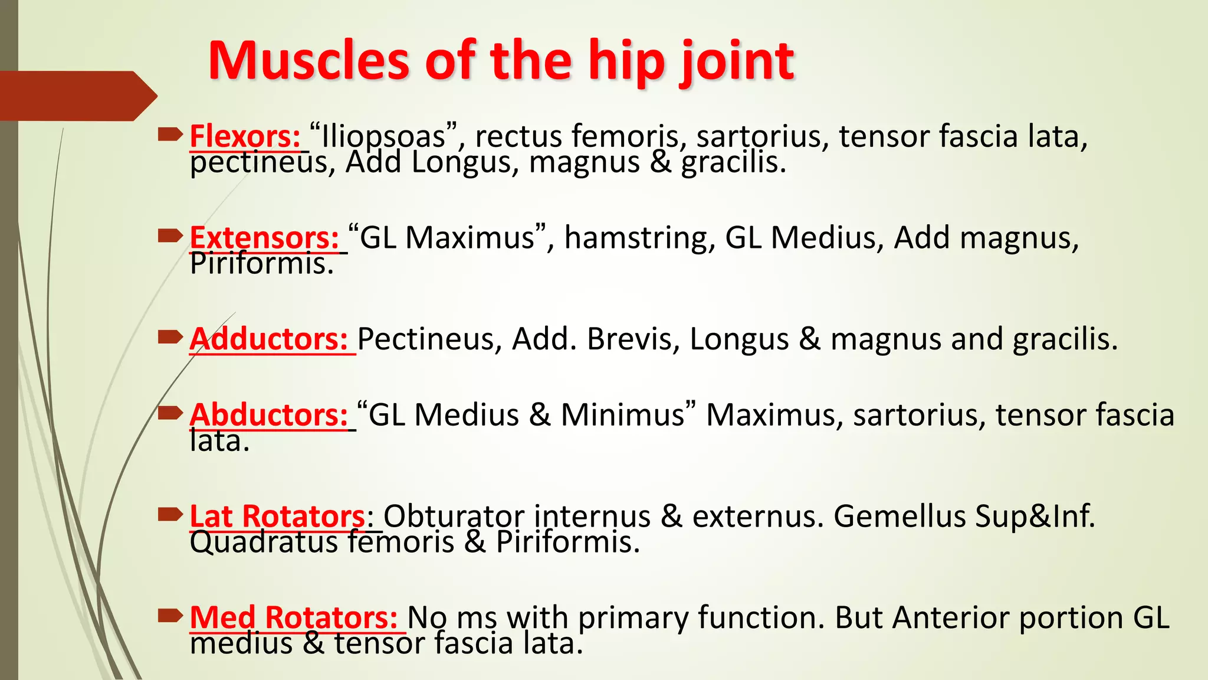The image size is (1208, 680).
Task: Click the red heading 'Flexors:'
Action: tap(245, 136)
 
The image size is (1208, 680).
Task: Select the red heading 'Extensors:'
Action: tap(264, 237)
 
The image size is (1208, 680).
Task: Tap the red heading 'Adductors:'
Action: tap(268, 339)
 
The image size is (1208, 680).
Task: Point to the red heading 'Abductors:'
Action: tap(268, 414)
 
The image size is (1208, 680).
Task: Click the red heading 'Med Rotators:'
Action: tap(293, 617)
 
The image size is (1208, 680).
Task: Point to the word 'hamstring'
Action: tap(639, 237)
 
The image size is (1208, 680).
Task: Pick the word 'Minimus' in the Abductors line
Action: tap(622, 414)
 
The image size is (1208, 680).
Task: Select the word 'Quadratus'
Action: tap(263, 542)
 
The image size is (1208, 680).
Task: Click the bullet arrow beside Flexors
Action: tap(170, 136)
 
